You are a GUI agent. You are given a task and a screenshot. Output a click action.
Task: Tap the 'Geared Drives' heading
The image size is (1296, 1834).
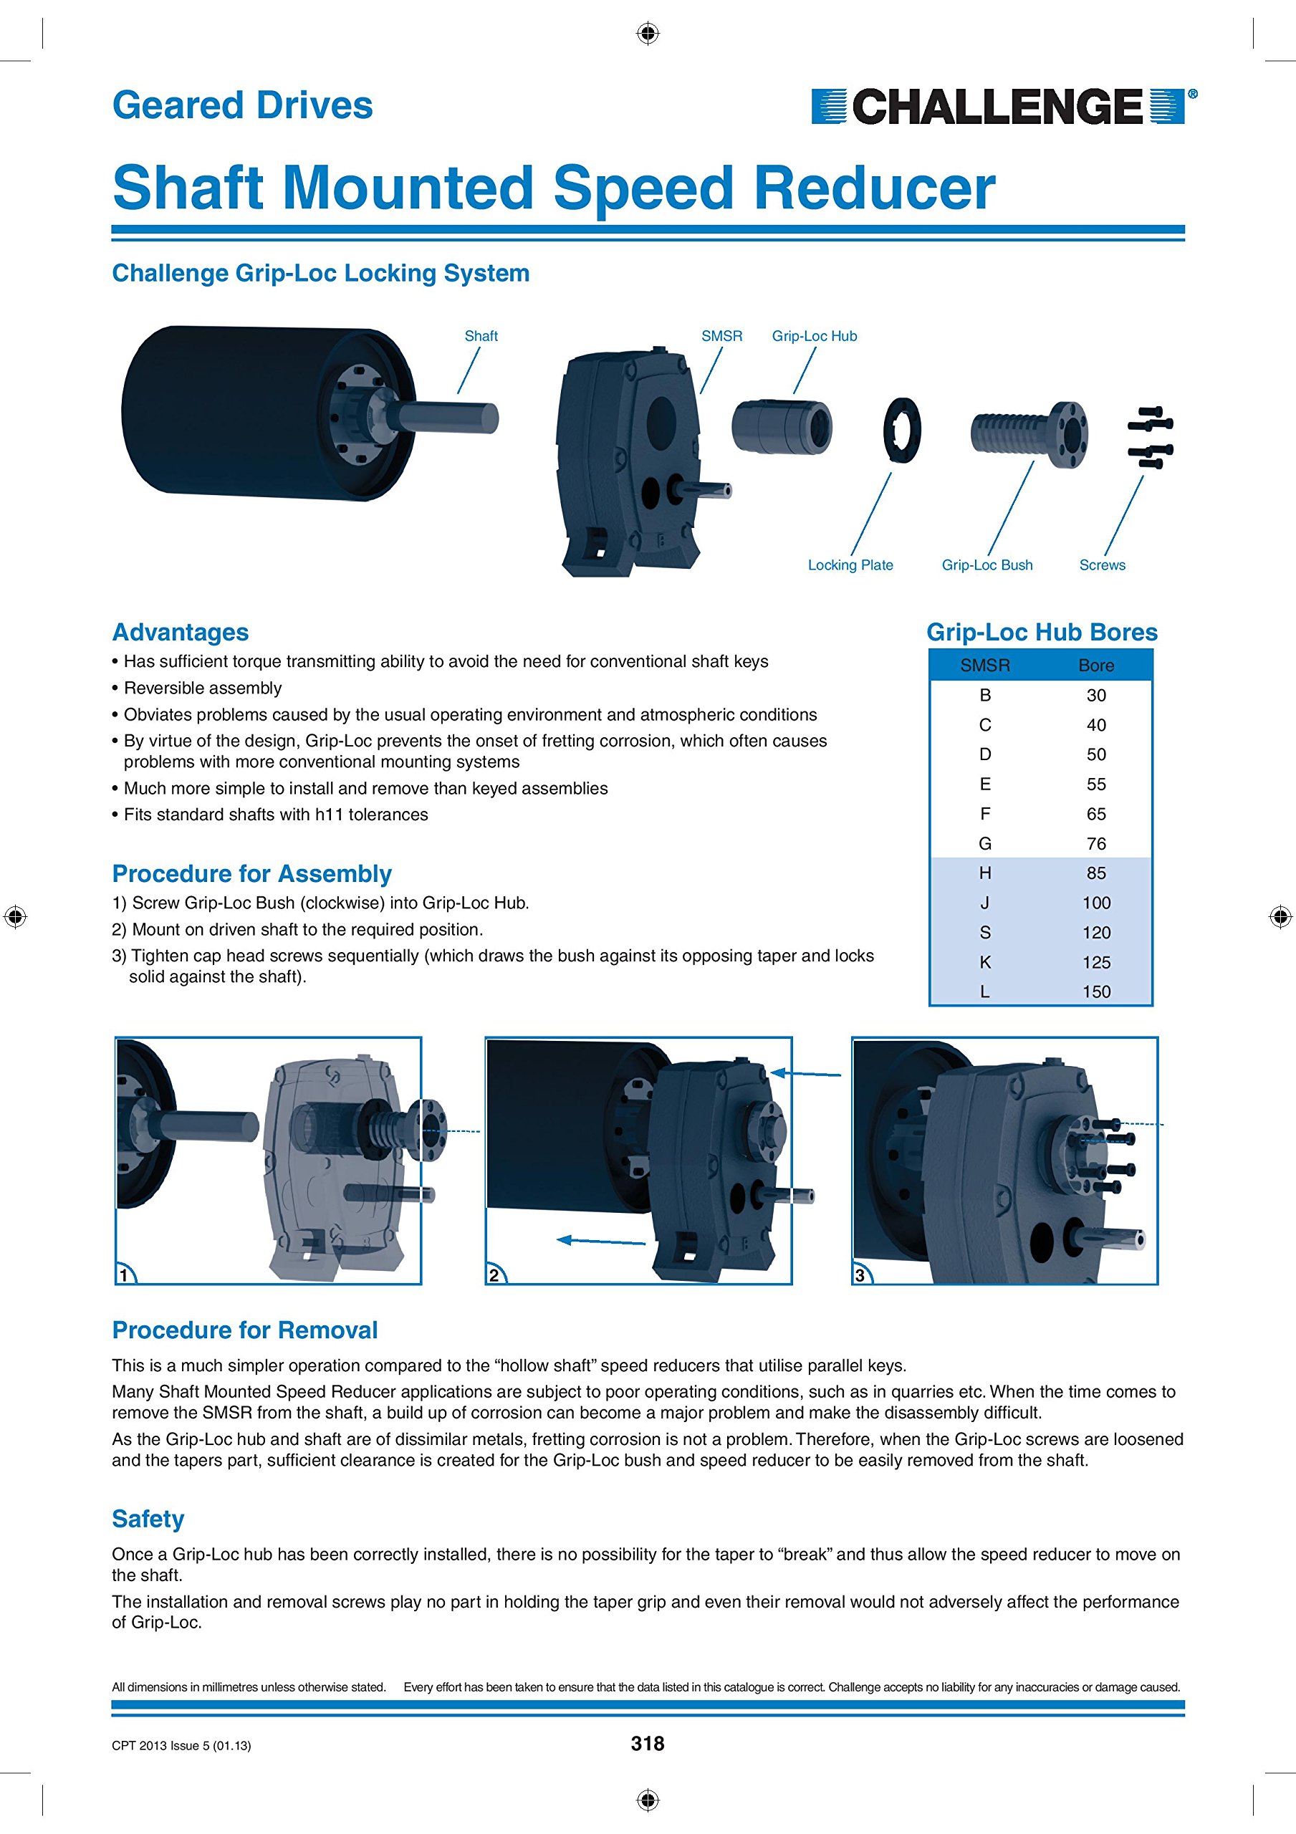[242, 105]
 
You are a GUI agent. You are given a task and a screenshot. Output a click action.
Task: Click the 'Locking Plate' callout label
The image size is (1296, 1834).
[850, 565]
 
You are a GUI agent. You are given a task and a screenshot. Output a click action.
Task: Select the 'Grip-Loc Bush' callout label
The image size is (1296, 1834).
[987, 565]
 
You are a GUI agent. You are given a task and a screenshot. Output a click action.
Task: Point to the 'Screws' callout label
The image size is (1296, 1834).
[1102, 565]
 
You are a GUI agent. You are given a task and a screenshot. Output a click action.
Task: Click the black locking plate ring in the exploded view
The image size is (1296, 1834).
[902, 429]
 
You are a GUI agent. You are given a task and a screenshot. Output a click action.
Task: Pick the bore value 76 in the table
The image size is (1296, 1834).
[1095, 843]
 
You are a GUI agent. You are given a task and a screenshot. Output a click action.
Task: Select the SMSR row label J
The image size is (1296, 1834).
[984, 903]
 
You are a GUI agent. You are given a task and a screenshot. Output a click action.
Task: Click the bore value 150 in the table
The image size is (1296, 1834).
[1095, 992]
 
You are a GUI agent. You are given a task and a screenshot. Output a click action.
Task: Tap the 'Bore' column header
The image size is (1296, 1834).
[1095, 666]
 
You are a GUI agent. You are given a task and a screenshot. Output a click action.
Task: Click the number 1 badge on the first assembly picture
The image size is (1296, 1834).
[125, 1275]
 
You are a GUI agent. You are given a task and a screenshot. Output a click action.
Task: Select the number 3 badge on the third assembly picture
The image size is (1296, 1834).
[860, 1275]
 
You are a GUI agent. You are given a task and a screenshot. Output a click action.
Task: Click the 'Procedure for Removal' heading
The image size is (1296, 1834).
[244, 1330]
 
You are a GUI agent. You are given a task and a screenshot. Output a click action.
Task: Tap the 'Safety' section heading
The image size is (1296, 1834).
[148, 1519]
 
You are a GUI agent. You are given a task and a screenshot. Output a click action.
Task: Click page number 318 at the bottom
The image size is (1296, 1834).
[647, 1744]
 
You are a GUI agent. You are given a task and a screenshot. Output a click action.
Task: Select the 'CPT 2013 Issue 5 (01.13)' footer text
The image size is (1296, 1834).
[181, 1745]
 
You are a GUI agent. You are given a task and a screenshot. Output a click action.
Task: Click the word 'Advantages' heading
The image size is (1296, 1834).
[181, 632]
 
